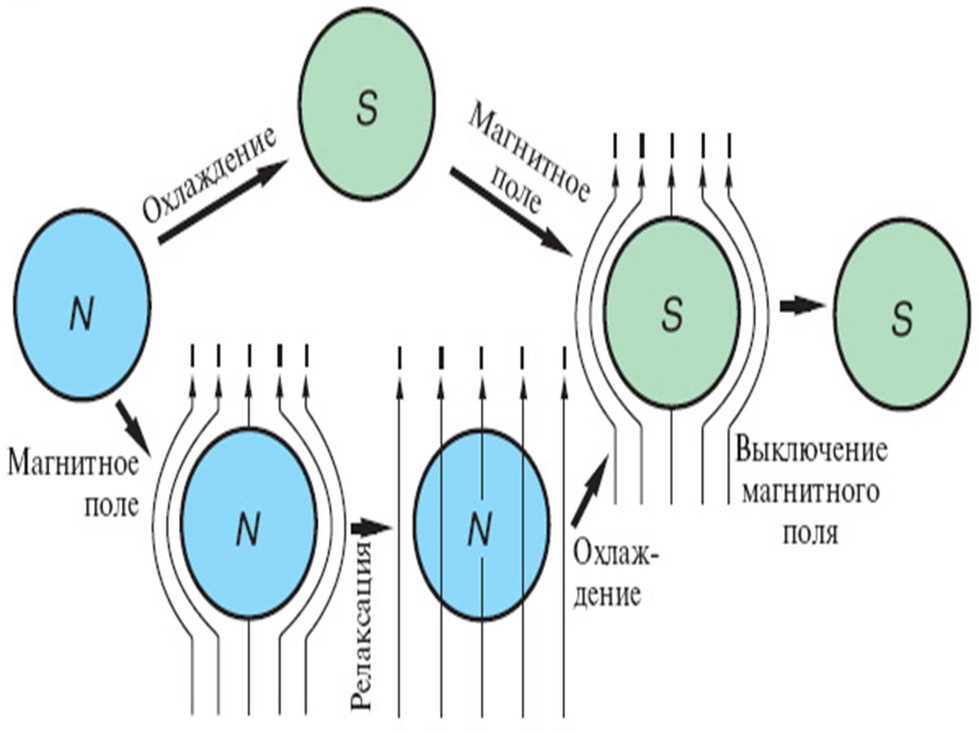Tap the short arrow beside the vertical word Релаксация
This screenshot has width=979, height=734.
[371, 526]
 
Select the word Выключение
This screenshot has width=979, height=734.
[811, 450]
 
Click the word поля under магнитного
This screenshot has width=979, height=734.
[810, 532]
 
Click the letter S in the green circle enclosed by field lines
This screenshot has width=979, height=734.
[672, 316]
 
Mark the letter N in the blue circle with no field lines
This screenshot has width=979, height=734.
[81, 315]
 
